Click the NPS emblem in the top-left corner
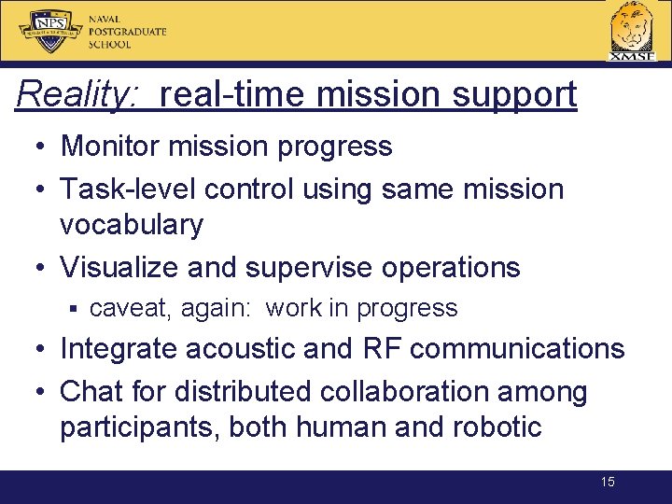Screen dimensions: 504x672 click(x=49, y=31)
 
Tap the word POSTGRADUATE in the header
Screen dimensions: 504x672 click(x=128, y=31)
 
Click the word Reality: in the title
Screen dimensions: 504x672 click(x=78, y=94)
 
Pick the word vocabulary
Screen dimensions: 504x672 click(x=131, y=225)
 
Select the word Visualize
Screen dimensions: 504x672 click(x=119, y=267)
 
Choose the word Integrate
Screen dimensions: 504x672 click(x=119, y=349)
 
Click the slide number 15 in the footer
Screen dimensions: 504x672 click(x=607, y=483)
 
